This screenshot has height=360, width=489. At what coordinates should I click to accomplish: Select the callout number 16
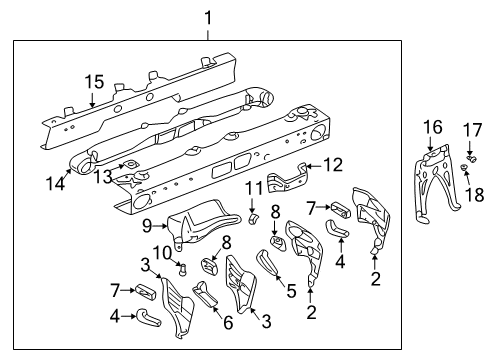point(432,126)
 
